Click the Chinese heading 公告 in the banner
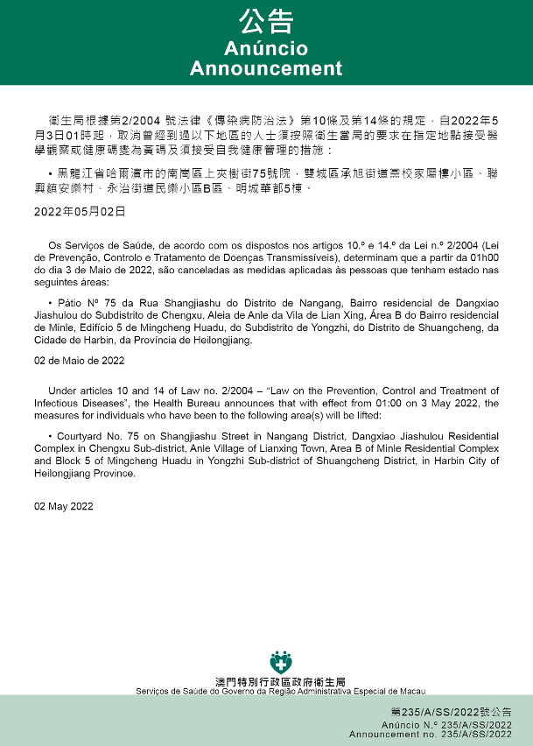(x=266, y=21)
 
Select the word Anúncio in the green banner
(x=266, y=48)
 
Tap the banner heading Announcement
(x=266, y=68)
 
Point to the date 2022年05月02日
(x=80, y=212)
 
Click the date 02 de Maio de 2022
(x=80, y=361)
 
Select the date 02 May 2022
(x=64, y=507)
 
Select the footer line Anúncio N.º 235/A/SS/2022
(x=446, y=725)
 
